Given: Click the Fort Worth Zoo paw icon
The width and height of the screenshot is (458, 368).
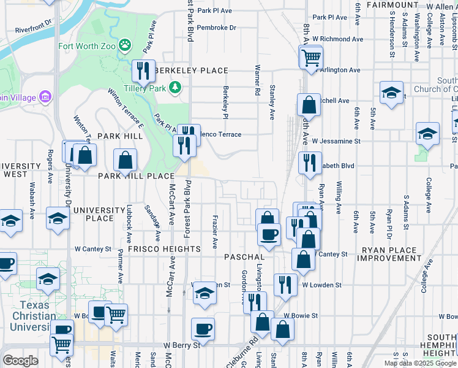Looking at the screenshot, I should click(x=125, y=44).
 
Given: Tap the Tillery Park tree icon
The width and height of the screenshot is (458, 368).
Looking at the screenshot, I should click(x=176, y=87).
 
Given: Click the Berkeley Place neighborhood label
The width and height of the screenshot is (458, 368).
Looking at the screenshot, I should click(x=191, y=71).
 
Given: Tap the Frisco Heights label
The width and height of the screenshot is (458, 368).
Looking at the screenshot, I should click(x=164, y=249).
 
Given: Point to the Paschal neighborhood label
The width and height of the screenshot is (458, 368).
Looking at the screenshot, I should click(x=244, y=256).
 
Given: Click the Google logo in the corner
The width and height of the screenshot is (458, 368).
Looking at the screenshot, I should click(x=20, y=360).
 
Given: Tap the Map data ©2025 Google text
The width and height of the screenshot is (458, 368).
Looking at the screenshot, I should click(x=420, y=363).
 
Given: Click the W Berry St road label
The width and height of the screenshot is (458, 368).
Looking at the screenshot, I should click(x=182, y=345).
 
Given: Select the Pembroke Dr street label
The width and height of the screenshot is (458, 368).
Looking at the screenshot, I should click(x=217, y=28).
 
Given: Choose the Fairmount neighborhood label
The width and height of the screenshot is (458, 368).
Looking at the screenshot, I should click(x=392, y=5).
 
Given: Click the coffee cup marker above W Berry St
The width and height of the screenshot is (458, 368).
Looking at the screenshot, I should click(x=203, y=329).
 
